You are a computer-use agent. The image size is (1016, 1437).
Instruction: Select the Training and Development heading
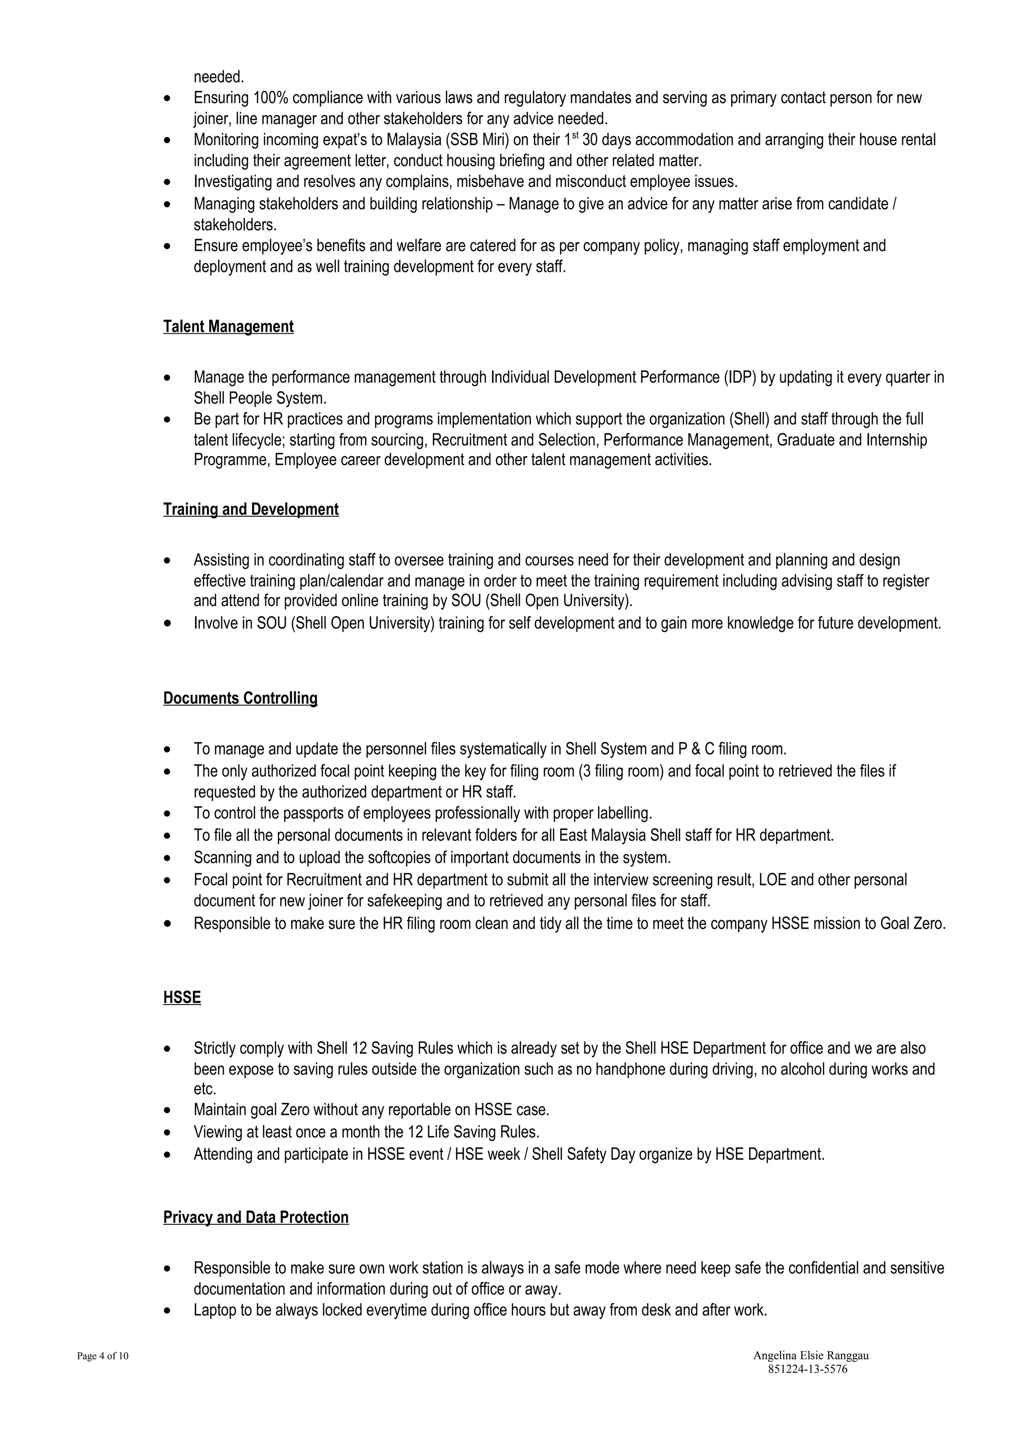click(251, 509)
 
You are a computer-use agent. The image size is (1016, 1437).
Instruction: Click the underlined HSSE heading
click(182, 998)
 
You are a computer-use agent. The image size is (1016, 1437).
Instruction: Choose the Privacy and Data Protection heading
click(255, 1217)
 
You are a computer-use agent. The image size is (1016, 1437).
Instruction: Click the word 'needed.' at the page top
click(218, 77)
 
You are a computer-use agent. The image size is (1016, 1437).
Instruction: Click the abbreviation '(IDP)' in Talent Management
click(741, 377)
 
